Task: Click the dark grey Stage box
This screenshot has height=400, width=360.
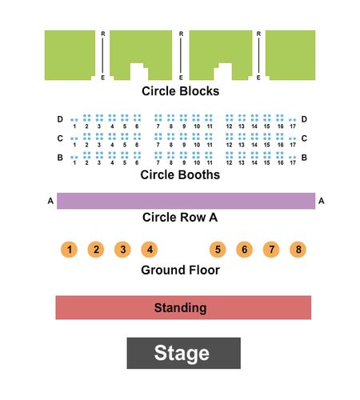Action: pyautogui.click(x=183, y=353)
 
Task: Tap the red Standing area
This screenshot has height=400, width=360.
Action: pyautogui.click(x=183, y=307)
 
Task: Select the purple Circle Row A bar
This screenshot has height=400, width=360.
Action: pyautogui.click(x=186, y=201)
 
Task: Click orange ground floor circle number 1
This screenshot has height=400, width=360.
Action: pyautogui.click(x=69, y=250)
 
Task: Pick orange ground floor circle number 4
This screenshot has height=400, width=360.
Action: pyautogui.click(x=149, y=250)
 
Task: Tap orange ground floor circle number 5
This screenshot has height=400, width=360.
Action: pyautogui.click(x=218, y=250)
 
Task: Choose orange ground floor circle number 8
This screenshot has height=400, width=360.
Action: pyautogui.click(x=298, y=250)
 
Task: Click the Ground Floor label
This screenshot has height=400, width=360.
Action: pyautogui.click(x=180, y=270)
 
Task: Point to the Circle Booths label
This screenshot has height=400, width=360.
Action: pyautogui.click(x=180, y=175)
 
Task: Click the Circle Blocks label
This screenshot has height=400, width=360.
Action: pyautogui.click(x=180, y=91)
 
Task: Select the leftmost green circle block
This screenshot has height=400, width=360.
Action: pyautogui.click(x=70, y=55)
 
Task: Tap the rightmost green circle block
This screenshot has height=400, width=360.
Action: pyautogui.click(x=290, y=55)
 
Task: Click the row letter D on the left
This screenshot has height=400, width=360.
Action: pyautogui.click(x=60, y=119)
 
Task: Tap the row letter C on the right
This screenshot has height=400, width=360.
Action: pyautogui.click(x=304, y=138)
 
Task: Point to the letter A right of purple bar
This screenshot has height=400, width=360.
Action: pyautogui.click(x=322, y=201)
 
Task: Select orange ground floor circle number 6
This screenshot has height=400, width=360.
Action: pyautogui.click(x=244, y=250)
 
